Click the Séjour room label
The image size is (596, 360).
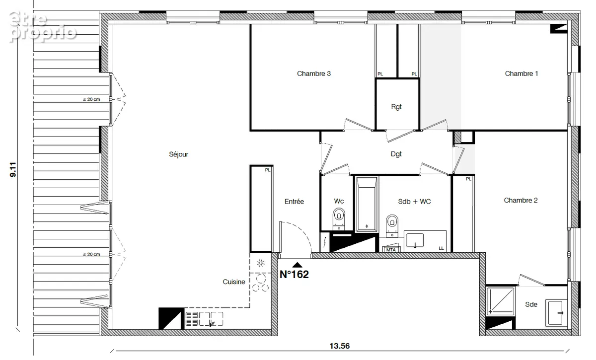178,154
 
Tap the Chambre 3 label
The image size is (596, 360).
314,73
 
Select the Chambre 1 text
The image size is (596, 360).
521,73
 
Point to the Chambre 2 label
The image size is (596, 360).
521,200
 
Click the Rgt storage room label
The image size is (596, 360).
396,107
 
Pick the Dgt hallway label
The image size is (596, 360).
396,154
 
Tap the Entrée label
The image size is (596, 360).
294,202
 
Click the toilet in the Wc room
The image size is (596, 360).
339,219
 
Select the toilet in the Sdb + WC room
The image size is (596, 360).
392,225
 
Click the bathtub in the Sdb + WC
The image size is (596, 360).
367,204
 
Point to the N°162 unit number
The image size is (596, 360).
294,274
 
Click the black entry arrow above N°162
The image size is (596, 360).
297,265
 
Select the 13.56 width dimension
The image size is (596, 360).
340,346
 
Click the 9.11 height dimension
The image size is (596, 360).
13,169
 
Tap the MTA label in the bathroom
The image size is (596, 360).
391,250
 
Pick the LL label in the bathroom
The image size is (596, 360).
441,248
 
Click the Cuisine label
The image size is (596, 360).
234,282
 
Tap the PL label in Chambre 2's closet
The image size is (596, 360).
468,179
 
